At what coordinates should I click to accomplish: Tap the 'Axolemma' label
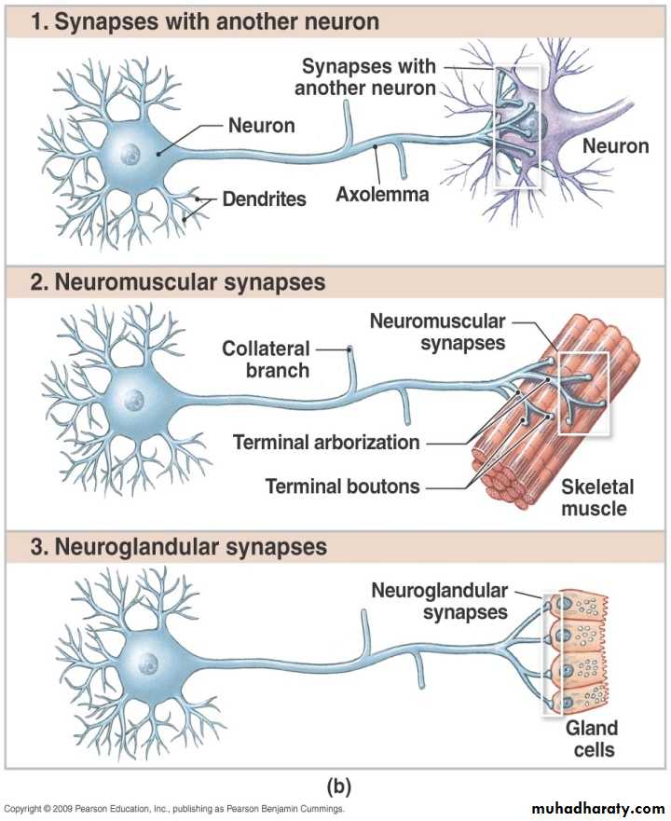tap(383, 195)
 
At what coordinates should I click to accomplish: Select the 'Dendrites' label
tap(264, 199)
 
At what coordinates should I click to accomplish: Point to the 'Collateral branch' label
tap(266, 359)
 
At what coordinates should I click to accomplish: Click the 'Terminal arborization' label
tap(326, 442)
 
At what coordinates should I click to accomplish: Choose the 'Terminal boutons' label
tap(342, 486)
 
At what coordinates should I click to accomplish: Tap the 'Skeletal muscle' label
tap(596, 498)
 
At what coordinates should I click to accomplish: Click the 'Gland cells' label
tap(591, 738)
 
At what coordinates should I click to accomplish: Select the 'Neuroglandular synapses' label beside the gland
tap(439, 601)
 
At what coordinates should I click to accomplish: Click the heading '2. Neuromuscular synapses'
tap(178, 281)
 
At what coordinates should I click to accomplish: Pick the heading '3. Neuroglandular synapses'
tap(179, 546)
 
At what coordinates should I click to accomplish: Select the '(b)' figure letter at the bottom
tap(335, 786)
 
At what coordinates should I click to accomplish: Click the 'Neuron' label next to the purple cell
tap(615, 145)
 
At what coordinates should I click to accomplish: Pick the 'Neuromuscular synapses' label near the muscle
tap(437, 332)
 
